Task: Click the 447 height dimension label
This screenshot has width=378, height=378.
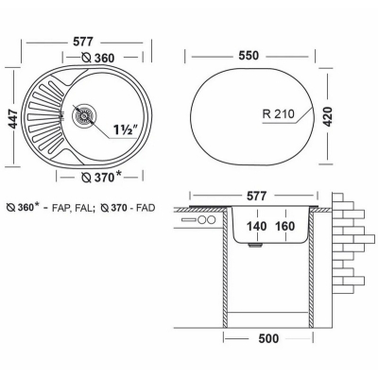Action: coord(13,118)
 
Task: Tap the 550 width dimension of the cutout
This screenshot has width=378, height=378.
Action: coord(249,56)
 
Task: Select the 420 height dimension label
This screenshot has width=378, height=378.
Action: coord(327,117)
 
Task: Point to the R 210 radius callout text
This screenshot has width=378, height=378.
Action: coord(279,113)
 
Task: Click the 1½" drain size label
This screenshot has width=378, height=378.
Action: coord(126,129)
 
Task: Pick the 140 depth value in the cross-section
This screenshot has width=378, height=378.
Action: coord(257,226)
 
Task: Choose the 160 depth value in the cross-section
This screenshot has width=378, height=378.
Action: coord(284,226)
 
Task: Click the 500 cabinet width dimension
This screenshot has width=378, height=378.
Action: coord(268,338)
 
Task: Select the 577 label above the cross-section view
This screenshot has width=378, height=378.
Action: coord(256,196)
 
